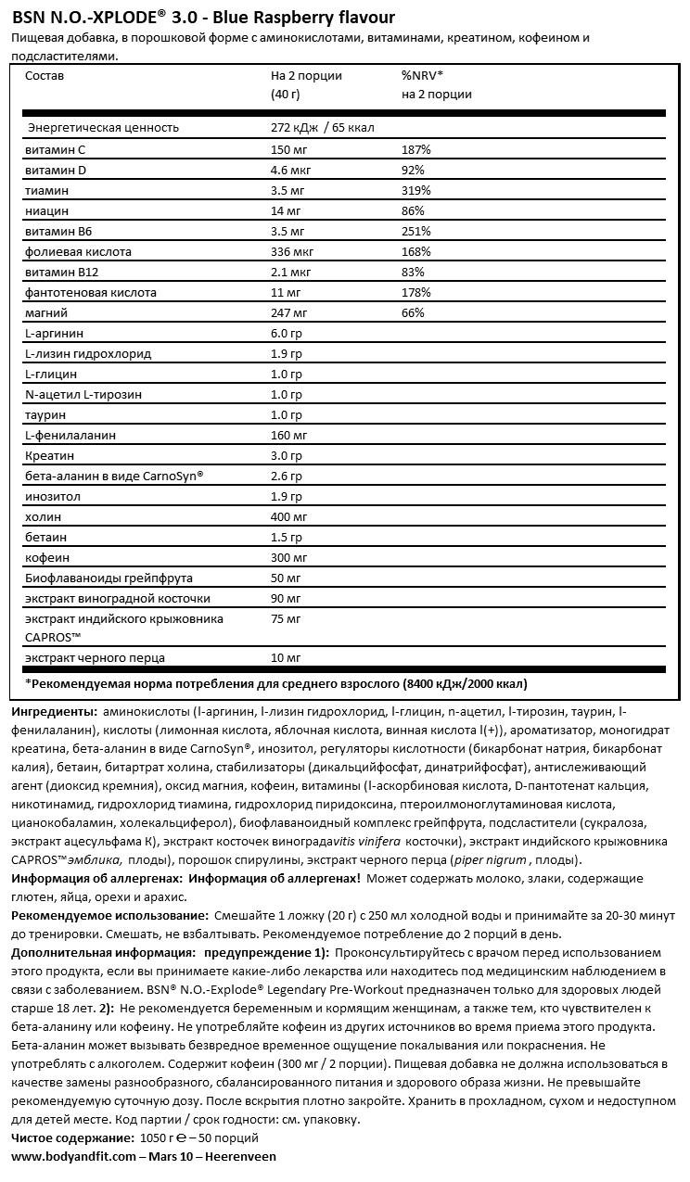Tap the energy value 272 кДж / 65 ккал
click(322, 128)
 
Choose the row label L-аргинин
click(55, 333)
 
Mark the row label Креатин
click(48, 455)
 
